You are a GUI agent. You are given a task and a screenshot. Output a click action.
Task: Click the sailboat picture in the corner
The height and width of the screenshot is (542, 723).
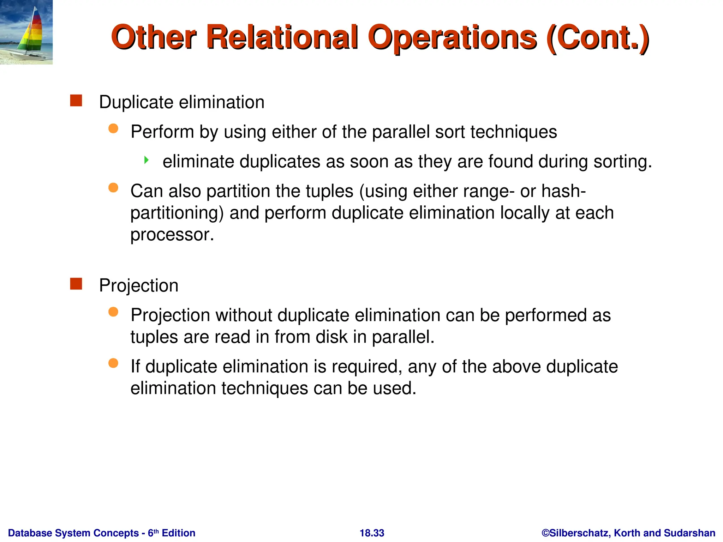[x=26, y=32]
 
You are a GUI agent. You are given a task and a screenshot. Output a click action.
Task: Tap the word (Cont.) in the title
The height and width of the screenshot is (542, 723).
[x=597, y=38]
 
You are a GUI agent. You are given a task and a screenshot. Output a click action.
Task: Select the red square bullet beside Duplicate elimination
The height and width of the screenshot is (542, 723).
[x=76, y=101]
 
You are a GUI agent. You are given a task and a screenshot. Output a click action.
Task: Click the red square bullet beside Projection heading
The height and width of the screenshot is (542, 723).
[x=76, y=284]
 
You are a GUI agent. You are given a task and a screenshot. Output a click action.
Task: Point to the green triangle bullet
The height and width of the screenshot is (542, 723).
[x=147, y=161]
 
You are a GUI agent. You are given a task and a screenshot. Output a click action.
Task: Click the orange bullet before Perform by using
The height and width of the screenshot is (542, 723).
[x=113, y=128]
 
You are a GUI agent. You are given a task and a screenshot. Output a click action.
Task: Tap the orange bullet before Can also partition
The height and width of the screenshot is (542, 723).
[x=113, y=188]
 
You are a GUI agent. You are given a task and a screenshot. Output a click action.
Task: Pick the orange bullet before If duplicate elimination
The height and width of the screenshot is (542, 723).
[x=113, y=363]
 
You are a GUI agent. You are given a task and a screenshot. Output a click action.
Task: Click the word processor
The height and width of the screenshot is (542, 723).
[x=172, y=235]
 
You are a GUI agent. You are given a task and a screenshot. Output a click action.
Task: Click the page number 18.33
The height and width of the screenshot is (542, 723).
[x=372, y=533]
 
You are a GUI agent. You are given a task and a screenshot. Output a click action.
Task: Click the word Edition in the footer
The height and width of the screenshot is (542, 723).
[x=178, y=533]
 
